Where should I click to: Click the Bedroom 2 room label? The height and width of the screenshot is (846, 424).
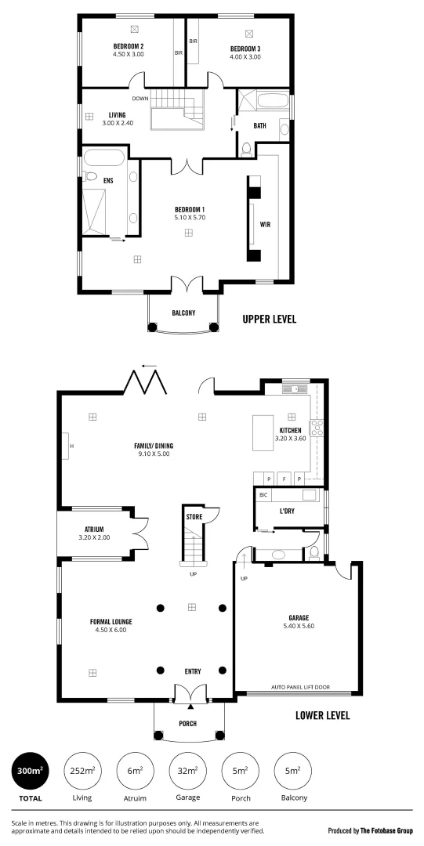pos(129,46)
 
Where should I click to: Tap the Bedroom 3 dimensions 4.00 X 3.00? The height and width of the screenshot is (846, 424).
pos(245,56)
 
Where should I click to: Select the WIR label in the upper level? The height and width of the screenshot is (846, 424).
pos(265,223)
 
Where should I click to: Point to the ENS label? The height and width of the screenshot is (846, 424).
pos(109,181)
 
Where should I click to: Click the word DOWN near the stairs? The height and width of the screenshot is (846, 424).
pos(140,99)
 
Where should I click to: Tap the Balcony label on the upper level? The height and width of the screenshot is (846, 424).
pos(183,313)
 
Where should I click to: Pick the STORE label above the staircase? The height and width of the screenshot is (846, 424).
pos(194,518)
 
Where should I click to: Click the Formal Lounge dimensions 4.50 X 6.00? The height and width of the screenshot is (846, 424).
pos(111,630)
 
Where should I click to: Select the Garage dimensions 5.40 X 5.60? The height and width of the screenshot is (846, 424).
pos(299,626)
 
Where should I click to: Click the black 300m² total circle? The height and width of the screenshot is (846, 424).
pos(30,771)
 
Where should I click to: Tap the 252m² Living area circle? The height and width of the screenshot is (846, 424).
pos(82,771)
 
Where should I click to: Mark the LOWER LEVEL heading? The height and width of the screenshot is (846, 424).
pos(323,715)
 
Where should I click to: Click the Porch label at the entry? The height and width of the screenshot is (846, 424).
pos(187,723)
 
